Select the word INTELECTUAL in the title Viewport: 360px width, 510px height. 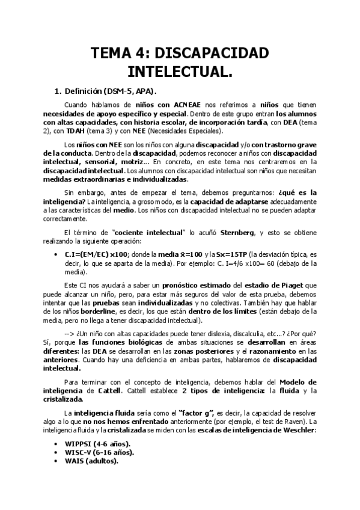click(x=180, y=73)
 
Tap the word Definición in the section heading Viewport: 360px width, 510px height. click(x=82, y=91)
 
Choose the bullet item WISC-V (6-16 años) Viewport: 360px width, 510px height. click(x=99, y=452)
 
